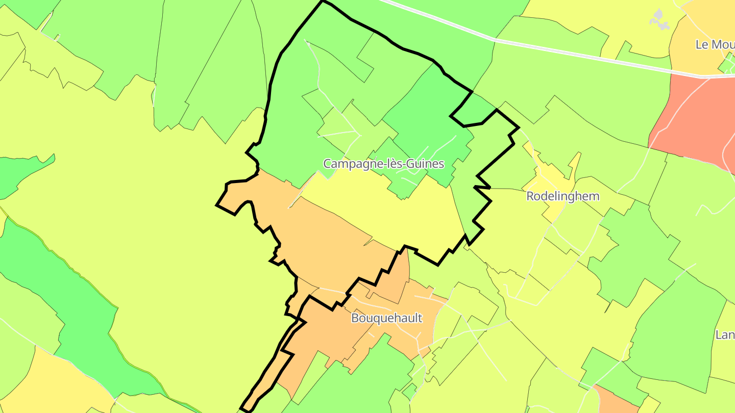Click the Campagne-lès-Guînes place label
click(383, 164)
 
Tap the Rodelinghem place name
click(562, 196)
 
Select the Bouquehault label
click(386, 318)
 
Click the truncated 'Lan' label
click(725, 335)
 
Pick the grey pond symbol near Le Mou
click(659, 19)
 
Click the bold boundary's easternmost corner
click(519, 127)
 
